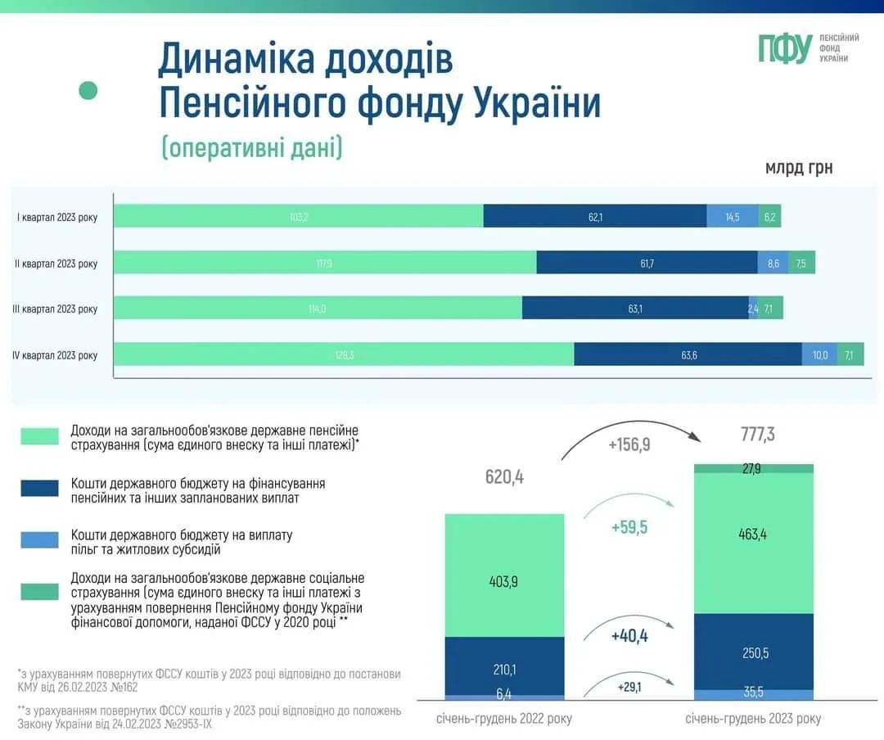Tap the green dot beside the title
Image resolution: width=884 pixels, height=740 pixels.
coord(88,90)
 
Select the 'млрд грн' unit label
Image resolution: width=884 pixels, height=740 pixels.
coord(798,168)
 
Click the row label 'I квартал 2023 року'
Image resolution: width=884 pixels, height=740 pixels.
coord(57,217)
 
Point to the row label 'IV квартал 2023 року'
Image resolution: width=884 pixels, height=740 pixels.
coord(55,355)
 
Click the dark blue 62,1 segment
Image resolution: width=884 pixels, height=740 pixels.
coord(595,217)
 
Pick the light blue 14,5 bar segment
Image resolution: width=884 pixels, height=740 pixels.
coord(732,217)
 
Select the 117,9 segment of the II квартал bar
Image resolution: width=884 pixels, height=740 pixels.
coord(325,263)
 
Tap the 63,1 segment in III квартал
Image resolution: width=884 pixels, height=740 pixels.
coord(634,309)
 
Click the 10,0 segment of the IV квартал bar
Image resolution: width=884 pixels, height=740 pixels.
coord(819,355)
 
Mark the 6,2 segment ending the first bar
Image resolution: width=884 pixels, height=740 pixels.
coord(769,217)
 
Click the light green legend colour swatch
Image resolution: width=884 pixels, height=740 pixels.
coord(40,436)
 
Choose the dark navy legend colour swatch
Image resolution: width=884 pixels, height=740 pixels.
coord(40,488)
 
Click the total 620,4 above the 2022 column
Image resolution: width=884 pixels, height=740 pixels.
coord(503,476)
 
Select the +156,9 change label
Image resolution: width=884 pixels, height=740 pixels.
coord(629,444)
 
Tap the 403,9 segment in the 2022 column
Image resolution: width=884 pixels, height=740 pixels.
coord(504,582)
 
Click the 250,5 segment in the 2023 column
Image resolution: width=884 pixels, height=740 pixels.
coord(754,652)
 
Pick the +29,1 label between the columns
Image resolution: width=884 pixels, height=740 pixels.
coord(629,688)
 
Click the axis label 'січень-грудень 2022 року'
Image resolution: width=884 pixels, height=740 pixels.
coord(503,719)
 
